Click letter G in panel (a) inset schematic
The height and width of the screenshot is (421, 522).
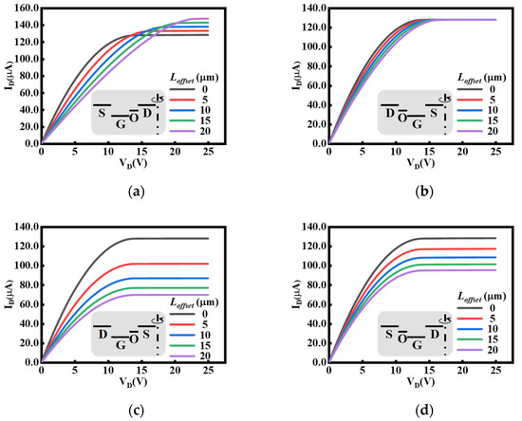pos(120,121)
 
